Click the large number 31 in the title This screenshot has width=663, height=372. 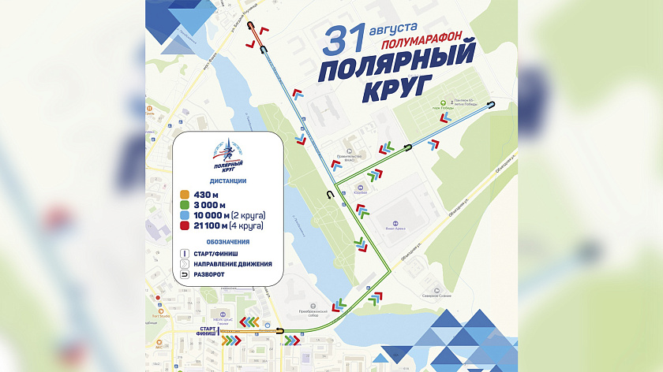click(346, 41)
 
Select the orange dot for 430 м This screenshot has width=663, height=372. click(185, 193)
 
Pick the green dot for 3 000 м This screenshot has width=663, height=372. click(185, 204)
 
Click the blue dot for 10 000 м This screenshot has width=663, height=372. click(185, 215)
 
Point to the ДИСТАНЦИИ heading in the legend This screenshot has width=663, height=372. click(229, 180)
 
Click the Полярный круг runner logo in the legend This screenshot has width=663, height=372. click(228, 155)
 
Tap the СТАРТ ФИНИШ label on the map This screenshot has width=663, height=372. click(207, 331)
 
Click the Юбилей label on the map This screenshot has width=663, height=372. click(362, 188)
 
